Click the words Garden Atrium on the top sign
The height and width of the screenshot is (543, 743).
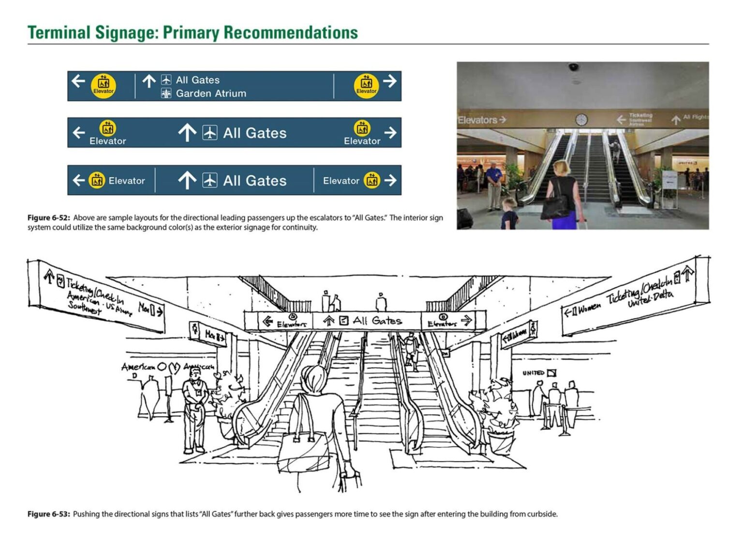pos(211,93)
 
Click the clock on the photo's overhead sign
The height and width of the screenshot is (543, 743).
pos(581,119)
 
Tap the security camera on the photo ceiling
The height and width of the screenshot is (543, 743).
pos(573,67)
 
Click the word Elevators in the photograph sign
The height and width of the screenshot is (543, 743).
pos(477,120)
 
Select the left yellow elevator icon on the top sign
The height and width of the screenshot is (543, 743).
pos(104,86)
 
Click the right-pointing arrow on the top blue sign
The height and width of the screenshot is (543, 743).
pos(390,81)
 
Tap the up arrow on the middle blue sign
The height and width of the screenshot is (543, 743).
pos(187,133)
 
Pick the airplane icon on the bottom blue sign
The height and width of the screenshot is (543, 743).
pos(209,181)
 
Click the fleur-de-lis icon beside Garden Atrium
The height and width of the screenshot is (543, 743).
pos(166,93)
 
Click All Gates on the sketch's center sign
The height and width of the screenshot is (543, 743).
pos(377,321)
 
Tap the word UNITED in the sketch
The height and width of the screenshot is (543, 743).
pos(533,373)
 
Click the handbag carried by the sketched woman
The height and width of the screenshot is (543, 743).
pos(304,453)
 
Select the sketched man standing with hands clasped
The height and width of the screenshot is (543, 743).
pos(195,407)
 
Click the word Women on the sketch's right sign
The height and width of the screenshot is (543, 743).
pos(589,308)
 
